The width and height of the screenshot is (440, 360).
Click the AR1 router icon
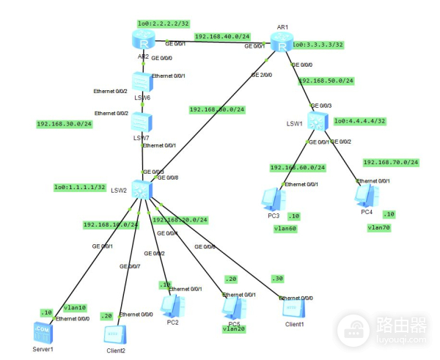(x=282, y=44)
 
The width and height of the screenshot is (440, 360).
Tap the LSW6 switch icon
(x=142, y=82)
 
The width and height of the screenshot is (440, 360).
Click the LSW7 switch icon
(x=142, y=122)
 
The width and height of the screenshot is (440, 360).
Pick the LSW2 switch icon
(x=142, y=188)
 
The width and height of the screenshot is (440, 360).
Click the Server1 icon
(x=43, y=331)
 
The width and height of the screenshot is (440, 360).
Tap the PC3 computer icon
(x=273, y=198)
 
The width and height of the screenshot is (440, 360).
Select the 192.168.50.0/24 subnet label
(x=326, y=81)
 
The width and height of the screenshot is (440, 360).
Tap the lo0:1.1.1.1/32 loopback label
(x=80, y=188)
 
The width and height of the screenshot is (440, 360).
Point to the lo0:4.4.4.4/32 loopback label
(x=359, y=121)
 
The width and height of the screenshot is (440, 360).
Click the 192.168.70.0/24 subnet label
(x=390, y=162)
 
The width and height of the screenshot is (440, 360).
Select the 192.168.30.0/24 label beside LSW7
(x=64, y=124)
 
